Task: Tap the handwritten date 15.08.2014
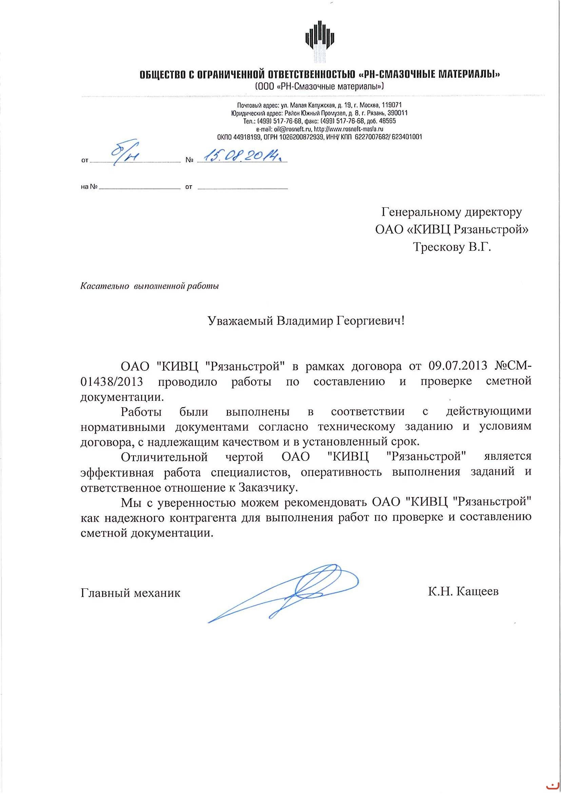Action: click(241, 157)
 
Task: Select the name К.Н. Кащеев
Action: click(463, 591)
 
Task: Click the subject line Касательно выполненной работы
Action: click(150, 286)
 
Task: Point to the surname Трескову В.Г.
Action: click(452, 247)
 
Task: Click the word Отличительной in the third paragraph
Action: click(164, 457)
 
